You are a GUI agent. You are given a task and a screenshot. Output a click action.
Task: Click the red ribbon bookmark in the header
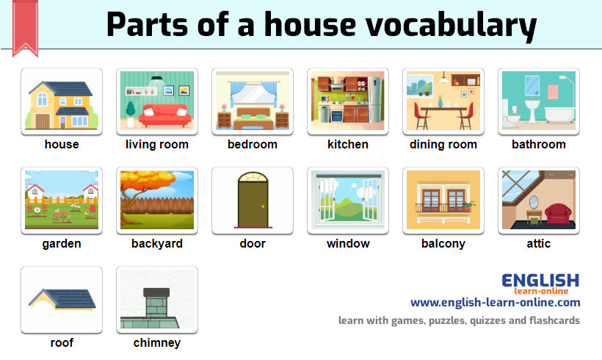26,26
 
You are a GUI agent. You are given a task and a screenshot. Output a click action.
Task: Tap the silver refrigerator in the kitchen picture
375,100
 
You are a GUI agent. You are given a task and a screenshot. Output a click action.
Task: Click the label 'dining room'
443,145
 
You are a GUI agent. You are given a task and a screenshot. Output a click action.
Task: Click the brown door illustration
253,200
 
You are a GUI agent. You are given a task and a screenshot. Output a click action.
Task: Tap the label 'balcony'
443,244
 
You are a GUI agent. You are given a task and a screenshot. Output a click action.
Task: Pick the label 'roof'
62,343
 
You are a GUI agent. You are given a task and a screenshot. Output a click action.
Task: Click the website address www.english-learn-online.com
495,303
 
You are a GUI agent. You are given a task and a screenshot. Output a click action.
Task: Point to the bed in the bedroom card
252,118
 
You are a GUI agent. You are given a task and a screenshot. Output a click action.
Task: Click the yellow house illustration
62,103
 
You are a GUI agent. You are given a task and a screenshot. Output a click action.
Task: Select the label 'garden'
62,244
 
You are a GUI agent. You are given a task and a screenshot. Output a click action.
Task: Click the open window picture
348,200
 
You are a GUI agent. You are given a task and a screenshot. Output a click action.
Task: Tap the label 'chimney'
157,343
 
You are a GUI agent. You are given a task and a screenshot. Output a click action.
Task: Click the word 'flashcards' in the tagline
553,320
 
